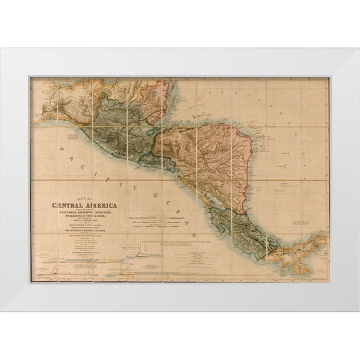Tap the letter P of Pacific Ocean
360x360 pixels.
pos(62,149)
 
